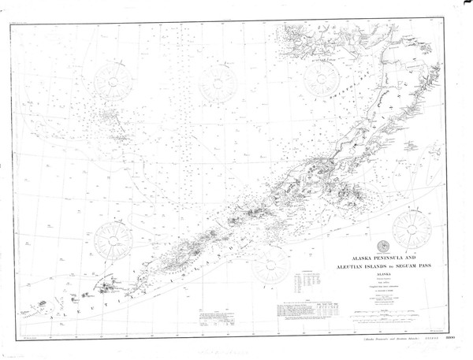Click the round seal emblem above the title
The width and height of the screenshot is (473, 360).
pyautogui.click(x=383, y=244)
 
